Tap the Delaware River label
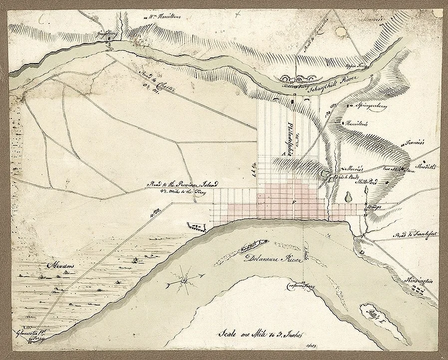click(x=269, y=259)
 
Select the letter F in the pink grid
click(x=294, y=201)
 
